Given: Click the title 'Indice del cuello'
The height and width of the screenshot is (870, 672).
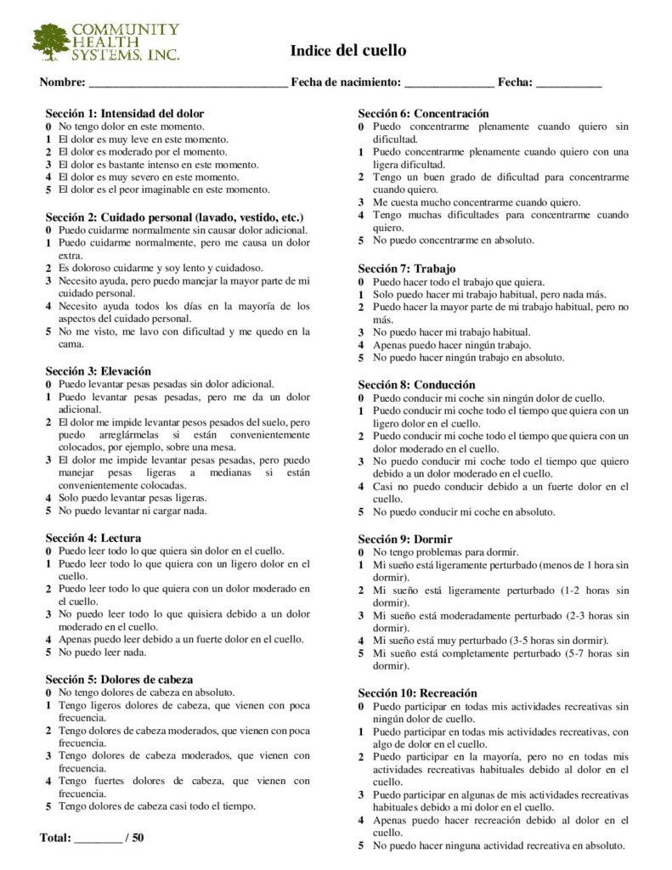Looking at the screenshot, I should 348,51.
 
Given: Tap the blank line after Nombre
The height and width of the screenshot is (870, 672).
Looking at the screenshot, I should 188,84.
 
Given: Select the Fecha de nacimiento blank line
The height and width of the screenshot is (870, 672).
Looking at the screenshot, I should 449,84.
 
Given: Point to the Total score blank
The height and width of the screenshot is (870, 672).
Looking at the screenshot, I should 98,839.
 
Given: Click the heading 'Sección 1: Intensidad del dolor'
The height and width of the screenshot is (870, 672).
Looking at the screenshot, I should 124,113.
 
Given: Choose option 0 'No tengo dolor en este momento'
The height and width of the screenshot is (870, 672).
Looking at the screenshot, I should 131,126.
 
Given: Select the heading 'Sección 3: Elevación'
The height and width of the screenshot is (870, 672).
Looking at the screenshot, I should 98,371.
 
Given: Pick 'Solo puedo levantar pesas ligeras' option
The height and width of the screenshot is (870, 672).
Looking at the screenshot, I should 132,498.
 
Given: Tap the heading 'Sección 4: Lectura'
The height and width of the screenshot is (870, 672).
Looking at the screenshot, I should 93,538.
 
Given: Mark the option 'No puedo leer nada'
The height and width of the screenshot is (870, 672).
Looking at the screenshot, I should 102,652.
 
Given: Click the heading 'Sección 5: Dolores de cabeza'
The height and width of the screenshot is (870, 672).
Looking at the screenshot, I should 119,679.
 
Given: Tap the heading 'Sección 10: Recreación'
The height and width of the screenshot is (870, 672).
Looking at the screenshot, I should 417,692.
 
